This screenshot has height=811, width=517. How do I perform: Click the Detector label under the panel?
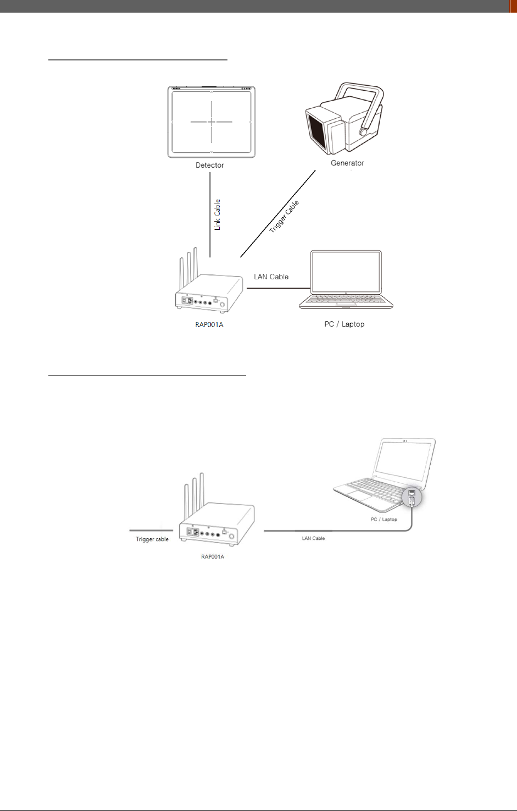pos(209,165)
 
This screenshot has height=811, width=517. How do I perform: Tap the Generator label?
pos(347,163)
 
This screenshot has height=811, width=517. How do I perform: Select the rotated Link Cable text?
pos(217,214)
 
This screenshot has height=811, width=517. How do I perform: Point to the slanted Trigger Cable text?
pos(284,217)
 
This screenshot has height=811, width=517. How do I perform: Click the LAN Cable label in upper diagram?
pos(271,277)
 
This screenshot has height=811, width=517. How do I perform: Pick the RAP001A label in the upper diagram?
pos(209,324)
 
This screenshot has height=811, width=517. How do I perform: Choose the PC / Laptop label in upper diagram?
pos(344,324)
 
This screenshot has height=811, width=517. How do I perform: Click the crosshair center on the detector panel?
pos(211,122)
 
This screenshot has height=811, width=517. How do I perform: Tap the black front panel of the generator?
pos(318,133)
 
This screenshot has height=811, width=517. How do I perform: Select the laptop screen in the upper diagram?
pos(346,271)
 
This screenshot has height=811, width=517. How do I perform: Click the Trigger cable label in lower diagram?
pos(152,539)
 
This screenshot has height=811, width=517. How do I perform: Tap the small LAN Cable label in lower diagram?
pos(313,538)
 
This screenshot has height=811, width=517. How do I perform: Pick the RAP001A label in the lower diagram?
pos(213,556)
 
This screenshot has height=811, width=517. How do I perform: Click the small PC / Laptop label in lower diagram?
pos(383,519)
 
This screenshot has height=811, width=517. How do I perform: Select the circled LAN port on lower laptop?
pos(412,498)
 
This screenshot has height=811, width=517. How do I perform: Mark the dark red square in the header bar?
pos(513,6)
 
